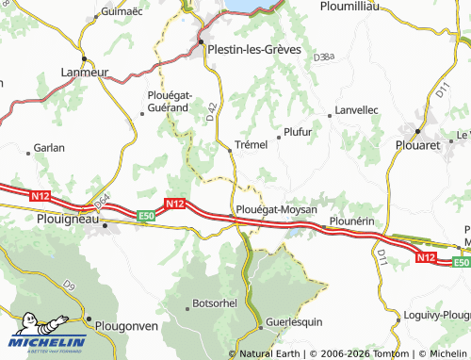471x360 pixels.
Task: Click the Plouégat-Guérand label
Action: (x=170, y=101)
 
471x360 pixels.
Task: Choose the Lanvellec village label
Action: (x=356, y=110)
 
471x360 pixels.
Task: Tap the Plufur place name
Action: (x=297, y=132)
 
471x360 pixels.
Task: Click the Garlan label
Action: (x=49, y=148)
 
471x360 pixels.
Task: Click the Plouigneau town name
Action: (x=66, y=217)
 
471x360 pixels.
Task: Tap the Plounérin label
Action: (x=351, y=221)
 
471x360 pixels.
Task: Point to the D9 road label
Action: (x=69, y=285)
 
